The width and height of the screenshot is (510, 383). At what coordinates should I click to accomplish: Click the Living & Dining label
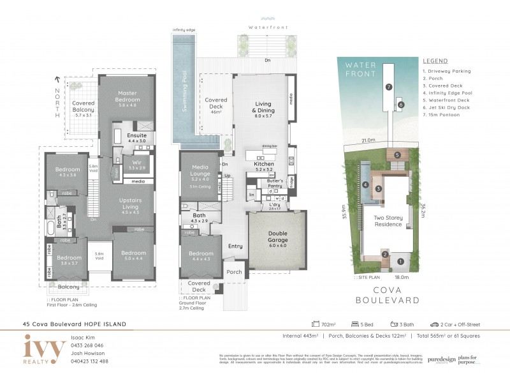click(x=263, y=109)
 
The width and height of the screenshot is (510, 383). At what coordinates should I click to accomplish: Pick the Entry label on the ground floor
click(x=235, y=246)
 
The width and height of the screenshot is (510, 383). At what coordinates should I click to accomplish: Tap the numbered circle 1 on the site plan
click(x=401, y=260)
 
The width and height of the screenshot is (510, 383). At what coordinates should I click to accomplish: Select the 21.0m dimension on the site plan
click(x=367, y=140)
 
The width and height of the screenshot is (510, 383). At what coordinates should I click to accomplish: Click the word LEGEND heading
click(x=434, y=61)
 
